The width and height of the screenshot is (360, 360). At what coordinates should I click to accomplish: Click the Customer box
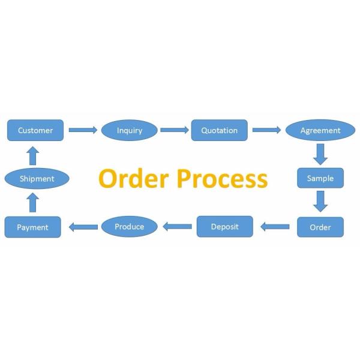coord(35,130)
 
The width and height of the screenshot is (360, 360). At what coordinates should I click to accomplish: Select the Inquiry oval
coord(130,130)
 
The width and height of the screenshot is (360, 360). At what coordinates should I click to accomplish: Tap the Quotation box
coord(219,130)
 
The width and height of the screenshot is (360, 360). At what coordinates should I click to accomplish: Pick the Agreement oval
coord(320,130)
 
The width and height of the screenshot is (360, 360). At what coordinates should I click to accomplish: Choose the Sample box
coord(320,178)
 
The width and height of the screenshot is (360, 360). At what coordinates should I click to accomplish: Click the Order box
coord(320,227)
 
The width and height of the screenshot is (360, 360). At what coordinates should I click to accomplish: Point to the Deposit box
coord(225,227)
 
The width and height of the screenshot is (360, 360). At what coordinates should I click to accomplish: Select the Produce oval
coord(130,226)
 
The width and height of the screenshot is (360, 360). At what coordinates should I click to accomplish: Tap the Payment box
coord(32,227)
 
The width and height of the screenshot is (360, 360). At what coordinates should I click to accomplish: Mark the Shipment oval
coord(37,178)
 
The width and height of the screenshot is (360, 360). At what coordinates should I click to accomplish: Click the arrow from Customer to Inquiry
coord(83,130)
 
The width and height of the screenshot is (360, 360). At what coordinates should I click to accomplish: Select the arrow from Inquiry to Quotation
coord(175,130)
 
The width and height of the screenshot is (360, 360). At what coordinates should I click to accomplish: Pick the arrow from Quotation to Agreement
coord(266,130)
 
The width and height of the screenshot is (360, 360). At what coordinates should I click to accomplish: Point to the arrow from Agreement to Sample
coord(320,154)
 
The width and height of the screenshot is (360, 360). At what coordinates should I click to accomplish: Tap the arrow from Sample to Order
coord(320,202)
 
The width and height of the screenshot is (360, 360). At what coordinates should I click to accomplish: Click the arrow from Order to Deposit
coord(275,227)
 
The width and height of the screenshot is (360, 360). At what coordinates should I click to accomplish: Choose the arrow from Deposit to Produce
coord(178,227)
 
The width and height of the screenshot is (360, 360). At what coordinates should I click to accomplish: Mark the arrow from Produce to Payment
coord(83,227)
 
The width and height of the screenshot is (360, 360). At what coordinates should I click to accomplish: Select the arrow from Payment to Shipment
coord(33,202)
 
